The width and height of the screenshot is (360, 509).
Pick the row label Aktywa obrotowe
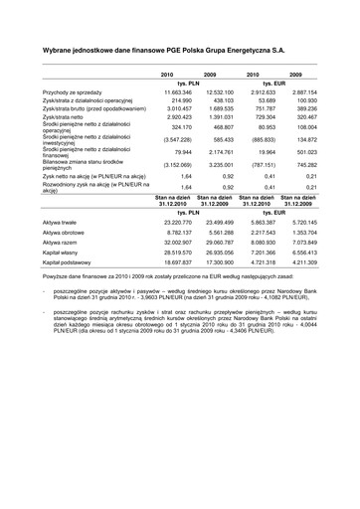(68, 232)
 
